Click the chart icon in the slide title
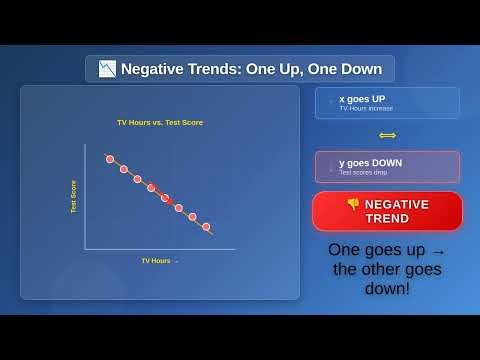107,69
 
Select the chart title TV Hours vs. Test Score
160,122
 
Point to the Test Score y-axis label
73,196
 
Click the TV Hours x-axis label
158,260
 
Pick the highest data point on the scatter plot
110,159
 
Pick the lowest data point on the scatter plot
207,227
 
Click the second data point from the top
124,169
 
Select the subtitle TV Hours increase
366,108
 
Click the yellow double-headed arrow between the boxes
387,135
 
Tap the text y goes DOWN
370,162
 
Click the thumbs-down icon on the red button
353,204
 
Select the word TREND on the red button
387,218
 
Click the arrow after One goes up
438,250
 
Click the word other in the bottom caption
389,269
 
